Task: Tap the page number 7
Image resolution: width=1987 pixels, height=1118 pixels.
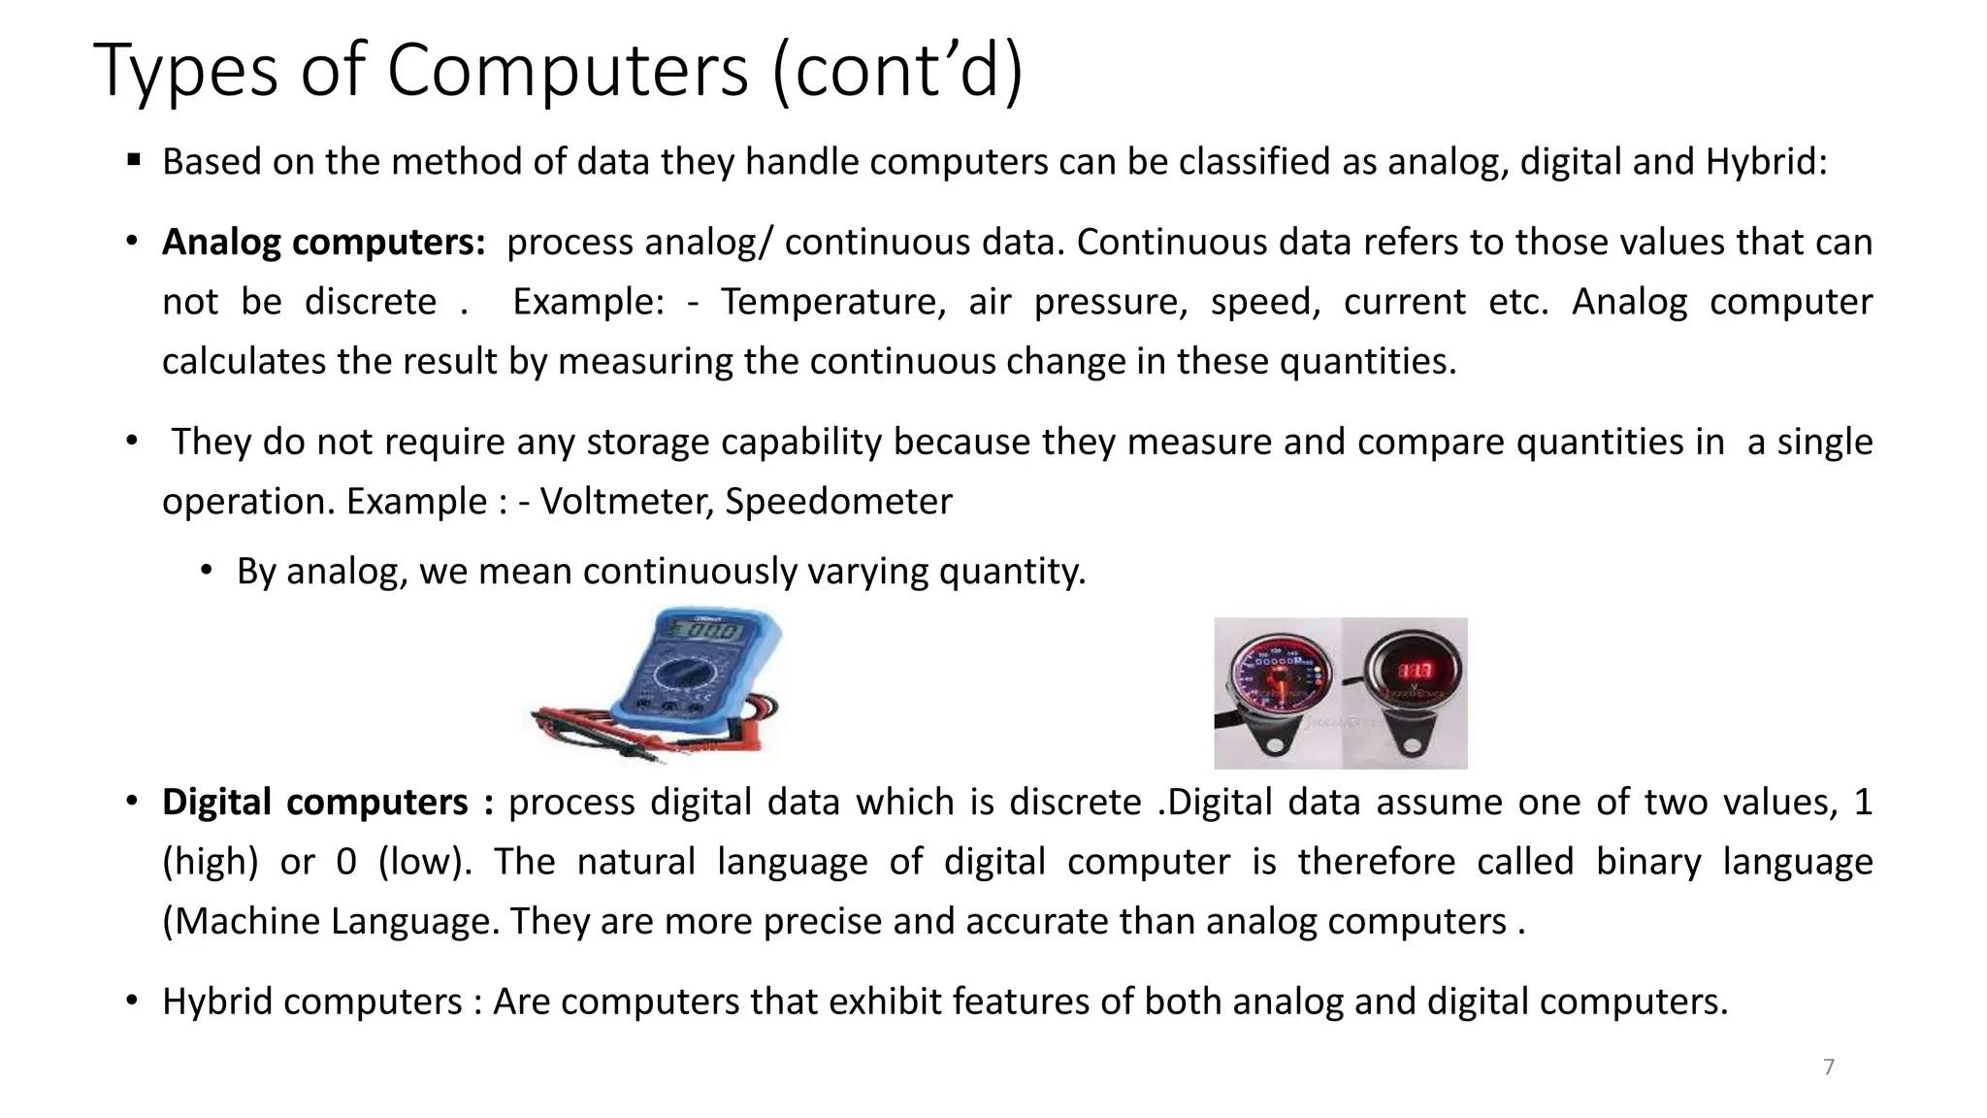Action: [x=1829, y=1068]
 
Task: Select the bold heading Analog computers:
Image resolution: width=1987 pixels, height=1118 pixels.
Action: [x=323, y=242]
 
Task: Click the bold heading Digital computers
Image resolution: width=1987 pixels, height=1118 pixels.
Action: [x=315, y=803]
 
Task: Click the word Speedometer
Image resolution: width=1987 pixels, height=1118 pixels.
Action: [x=838, y=502]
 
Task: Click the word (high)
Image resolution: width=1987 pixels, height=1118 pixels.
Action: [x=211, y=862]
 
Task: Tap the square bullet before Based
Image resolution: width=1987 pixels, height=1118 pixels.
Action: [x=134, y=159]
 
